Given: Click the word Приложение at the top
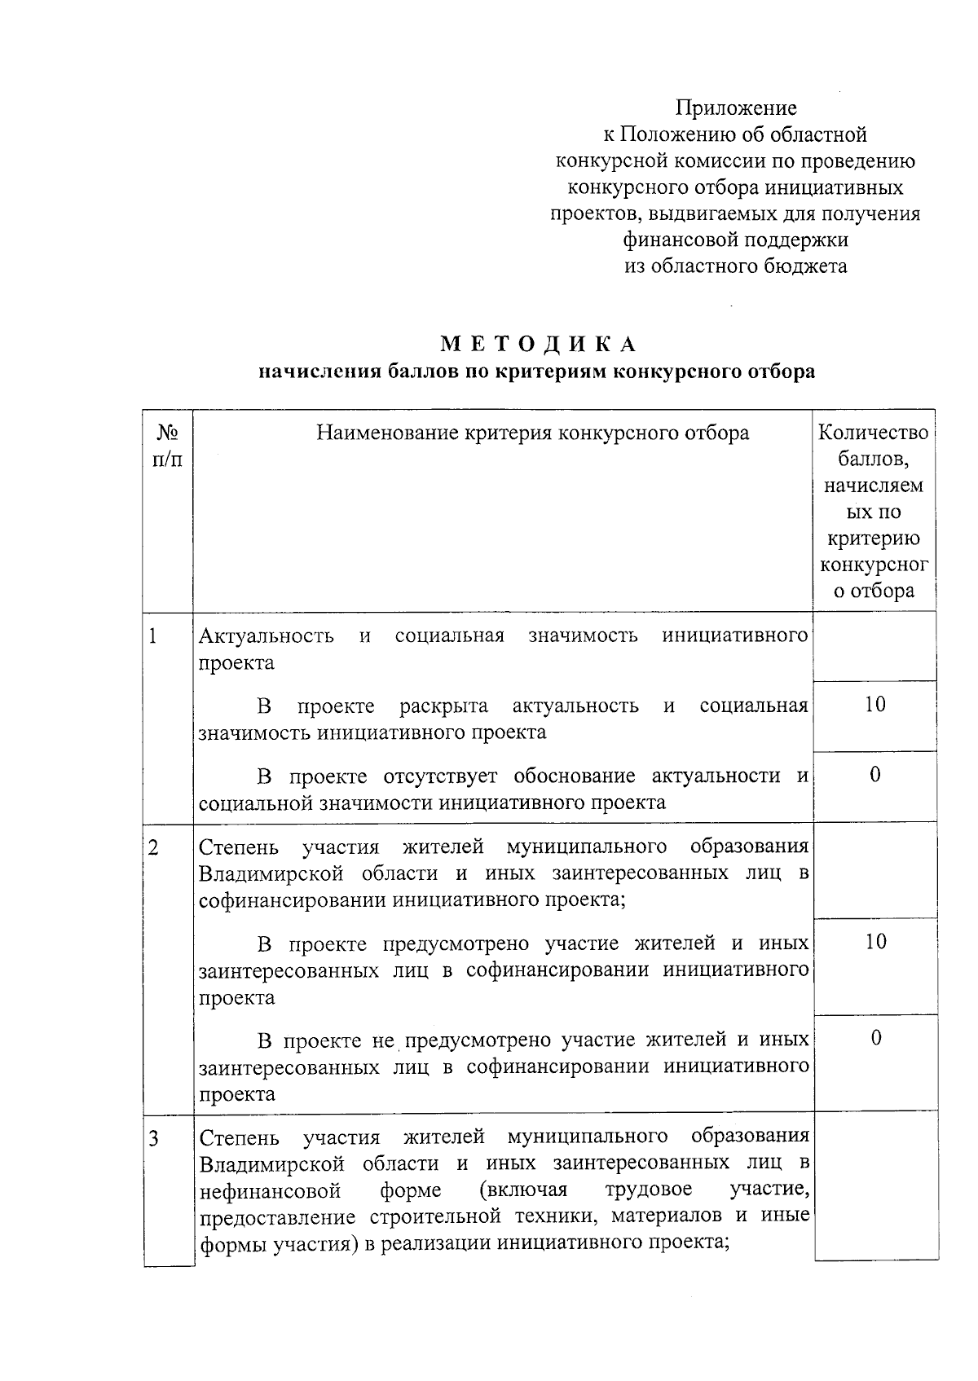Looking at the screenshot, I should [x=735, y=108].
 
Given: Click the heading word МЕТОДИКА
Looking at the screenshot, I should [x=538, y=345].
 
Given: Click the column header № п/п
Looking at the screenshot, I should [x=167, y=446].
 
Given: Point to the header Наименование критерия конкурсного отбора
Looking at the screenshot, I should [x=532, y=433].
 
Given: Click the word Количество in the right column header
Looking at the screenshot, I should [x=873, y=433].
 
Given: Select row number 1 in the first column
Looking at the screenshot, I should [x=153, y=636].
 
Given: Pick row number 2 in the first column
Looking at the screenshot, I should [x=153, y=847].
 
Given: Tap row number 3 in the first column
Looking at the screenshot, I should [x=153, y=1137].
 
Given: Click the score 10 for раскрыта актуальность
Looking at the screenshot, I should [x=874, y=705].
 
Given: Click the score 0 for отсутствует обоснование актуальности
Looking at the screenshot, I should [x=874, y=775].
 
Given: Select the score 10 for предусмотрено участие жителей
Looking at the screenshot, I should [x=875, y=943].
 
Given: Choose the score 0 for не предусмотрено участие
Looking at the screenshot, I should [x=875, y=1039].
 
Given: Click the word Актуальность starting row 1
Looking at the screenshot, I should [x=267, y=636].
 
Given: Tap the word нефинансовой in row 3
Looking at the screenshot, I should [x=270, y=1192].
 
